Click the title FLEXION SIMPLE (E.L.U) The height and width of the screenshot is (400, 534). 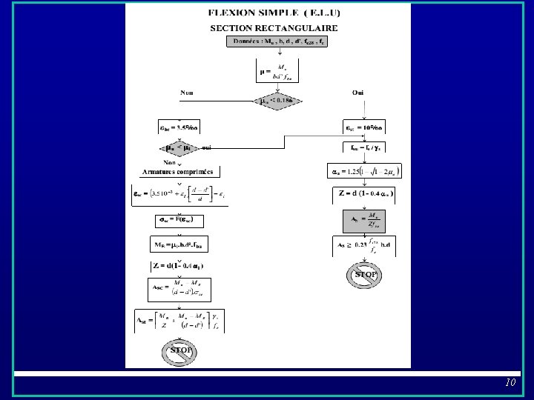[x=268, y=14]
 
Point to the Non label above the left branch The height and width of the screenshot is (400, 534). [x=187, y=93]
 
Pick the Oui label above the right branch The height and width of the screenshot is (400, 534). [x=358, y=93]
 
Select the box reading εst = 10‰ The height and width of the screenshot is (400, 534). [x=364, y=127]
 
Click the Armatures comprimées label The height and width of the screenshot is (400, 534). [x=177, y=171]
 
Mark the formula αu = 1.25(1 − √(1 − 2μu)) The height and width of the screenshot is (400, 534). [x=364, y=172]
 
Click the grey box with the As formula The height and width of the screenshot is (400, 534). [x=364, y=221]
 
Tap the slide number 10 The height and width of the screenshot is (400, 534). [x=510, y=383]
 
